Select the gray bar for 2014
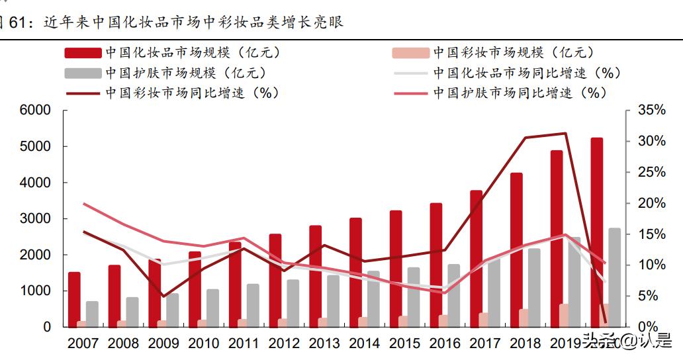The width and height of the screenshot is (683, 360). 373,298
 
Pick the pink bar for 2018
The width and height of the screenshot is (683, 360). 524,318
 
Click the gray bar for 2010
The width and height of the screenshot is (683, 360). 212,308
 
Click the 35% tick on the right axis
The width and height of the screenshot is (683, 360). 651,111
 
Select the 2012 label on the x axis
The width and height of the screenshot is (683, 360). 284,343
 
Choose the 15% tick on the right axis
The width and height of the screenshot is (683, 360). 651,234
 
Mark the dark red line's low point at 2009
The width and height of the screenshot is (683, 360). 163,296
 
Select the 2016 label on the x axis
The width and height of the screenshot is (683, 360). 445,343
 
